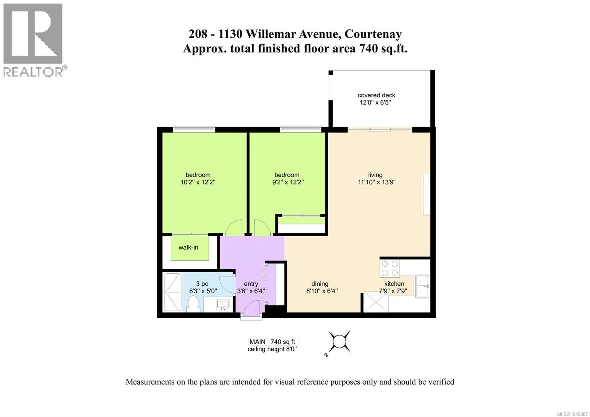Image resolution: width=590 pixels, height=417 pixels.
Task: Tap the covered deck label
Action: (376, 95)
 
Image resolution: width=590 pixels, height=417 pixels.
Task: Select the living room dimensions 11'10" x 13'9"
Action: (376, 182)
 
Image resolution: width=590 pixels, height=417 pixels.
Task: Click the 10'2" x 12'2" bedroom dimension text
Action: (198, 182)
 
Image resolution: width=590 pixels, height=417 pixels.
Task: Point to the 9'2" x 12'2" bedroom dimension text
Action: (287, 182)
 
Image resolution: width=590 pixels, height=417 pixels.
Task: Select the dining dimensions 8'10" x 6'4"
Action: (322, 291)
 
